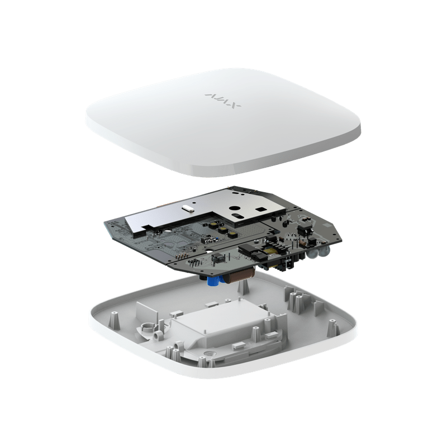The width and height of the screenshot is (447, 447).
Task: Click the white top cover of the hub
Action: (223, 129)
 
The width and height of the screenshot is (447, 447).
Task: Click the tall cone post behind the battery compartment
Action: (241, 286)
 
